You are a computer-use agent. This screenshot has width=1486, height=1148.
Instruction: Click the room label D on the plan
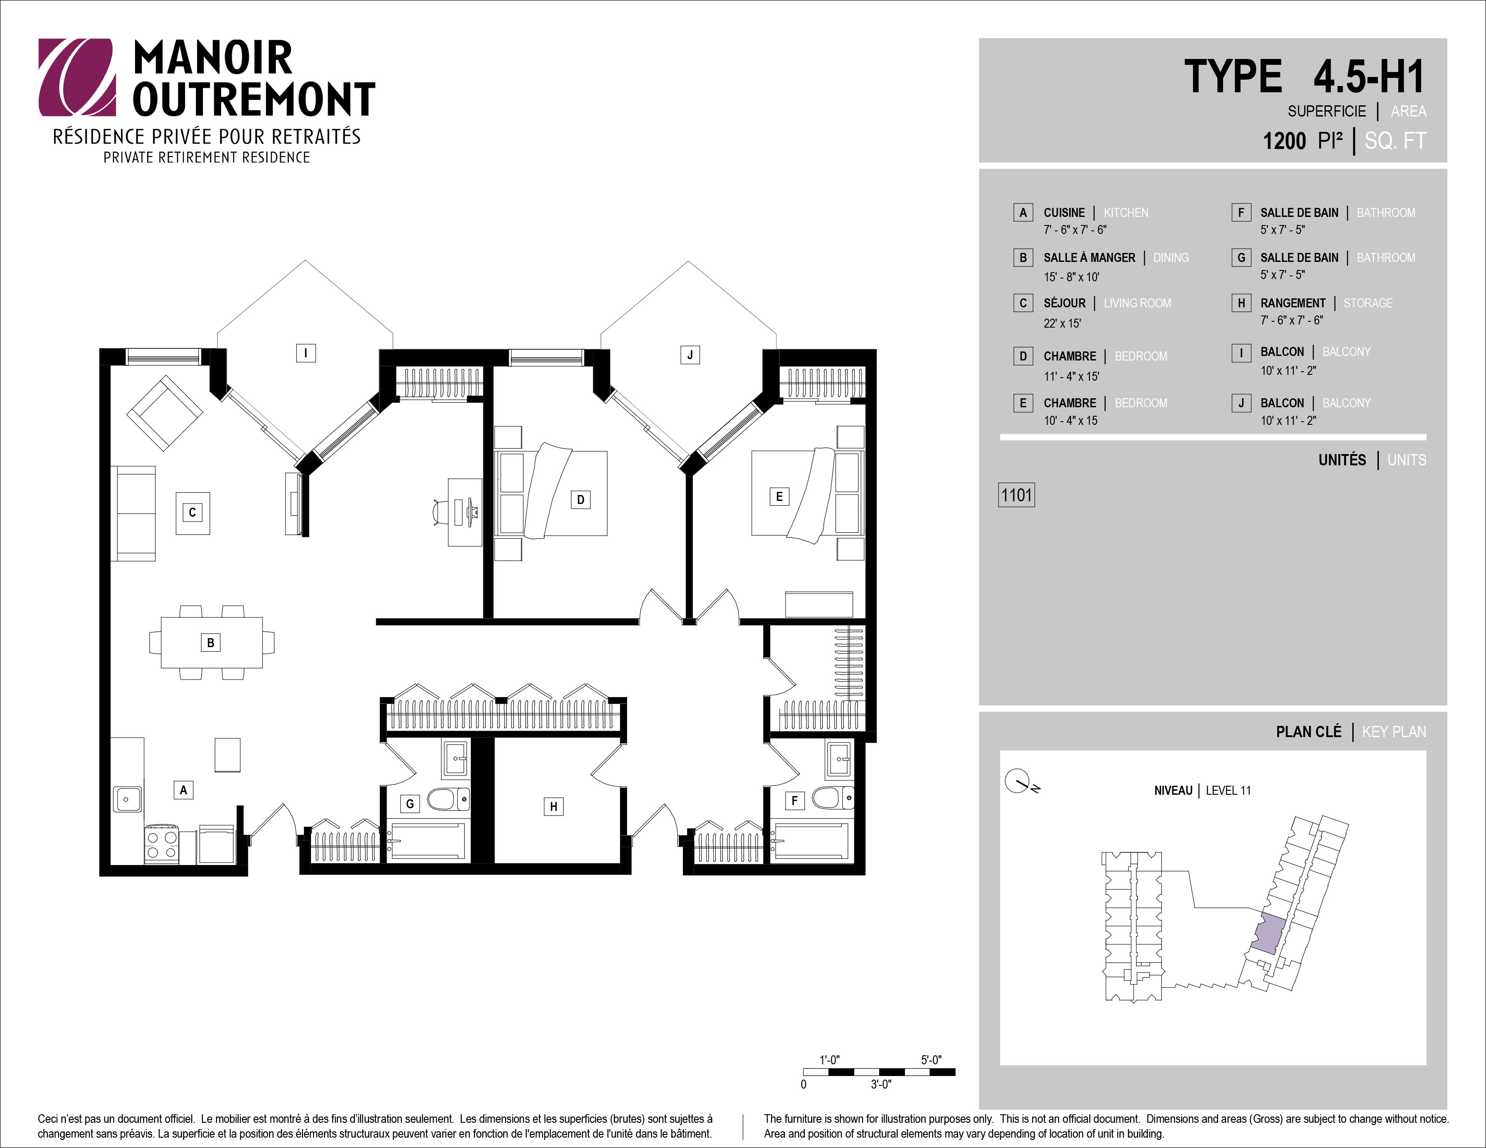click(580, 500)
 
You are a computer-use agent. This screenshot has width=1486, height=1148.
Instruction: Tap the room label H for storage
click(553, 806)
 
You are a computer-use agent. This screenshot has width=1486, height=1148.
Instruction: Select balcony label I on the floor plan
click(306, 353)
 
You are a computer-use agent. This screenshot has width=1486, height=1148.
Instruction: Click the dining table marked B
click(212, 643)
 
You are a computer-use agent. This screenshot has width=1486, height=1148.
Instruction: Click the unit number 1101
click(1016, 495)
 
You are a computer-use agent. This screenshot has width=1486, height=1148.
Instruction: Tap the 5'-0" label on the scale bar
click(931, 1060)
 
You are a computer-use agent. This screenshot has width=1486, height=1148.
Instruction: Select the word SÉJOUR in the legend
click(1065, 303)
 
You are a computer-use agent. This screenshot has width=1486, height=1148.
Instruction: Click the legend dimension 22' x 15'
click(1062, 324)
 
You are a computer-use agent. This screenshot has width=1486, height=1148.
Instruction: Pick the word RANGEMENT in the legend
click(1293, 303)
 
